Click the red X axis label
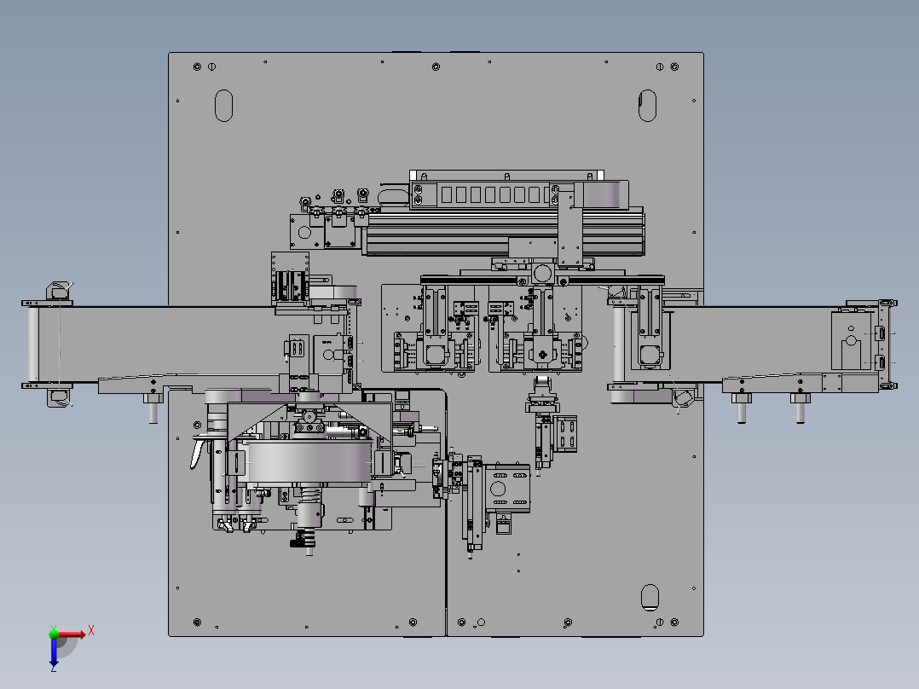point(91,631)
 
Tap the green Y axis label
point(54,628)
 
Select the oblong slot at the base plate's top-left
point(224,106)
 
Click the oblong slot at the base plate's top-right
point(647,106)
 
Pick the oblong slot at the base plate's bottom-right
point(650,597)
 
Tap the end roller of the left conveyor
point(33,344)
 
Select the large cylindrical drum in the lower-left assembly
point(309,461)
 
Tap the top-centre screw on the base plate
point(436,67)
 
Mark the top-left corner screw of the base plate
point(197,67)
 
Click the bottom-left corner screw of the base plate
point(197,622)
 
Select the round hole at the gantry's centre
point(543,274)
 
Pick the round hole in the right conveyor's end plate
point(851,341)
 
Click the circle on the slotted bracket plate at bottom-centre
point(498,488)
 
